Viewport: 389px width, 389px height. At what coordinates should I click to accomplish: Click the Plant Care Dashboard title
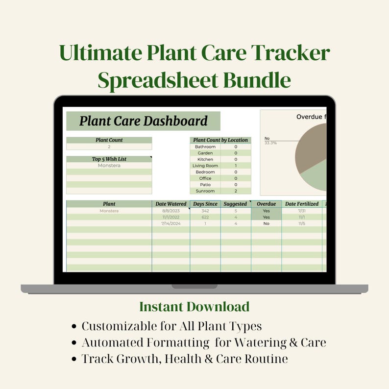143,121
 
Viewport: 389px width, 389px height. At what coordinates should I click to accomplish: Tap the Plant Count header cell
109,140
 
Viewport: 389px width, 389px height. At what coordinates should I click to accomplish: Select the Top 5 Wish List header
109,159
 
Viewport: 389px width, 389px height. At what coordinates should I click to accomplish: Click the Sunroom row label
205,191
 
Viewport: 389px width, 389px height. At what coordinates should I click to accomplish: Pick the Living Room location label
205,166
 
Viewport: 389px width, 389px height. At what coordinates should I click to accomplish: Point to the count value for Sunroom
236,191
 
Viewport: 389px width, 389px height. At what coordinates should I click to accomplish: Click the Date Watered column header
170,204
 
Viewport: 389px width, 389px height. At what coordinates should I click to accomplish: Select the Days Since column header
205,204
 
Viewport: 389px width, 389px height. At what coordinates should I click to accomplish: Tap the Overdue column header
266,204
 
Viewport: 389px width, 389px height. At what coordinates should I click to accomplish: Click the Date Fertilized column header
301,204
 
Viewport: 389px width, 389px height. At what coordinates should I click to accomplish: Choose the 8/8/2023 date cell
170,211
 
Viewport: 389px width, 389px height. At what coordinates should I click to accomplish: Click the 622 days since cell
205,217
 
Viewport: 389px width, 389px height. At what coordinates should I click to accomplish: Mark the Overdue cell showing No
266,223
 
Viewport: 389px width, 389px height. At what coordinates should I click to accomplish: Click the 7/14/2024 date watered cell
170,223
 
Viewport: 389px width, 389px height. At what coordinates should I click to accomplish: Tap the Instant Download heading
194,307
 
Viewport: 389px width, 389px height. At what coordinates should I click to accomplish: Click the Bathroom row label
205,146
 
